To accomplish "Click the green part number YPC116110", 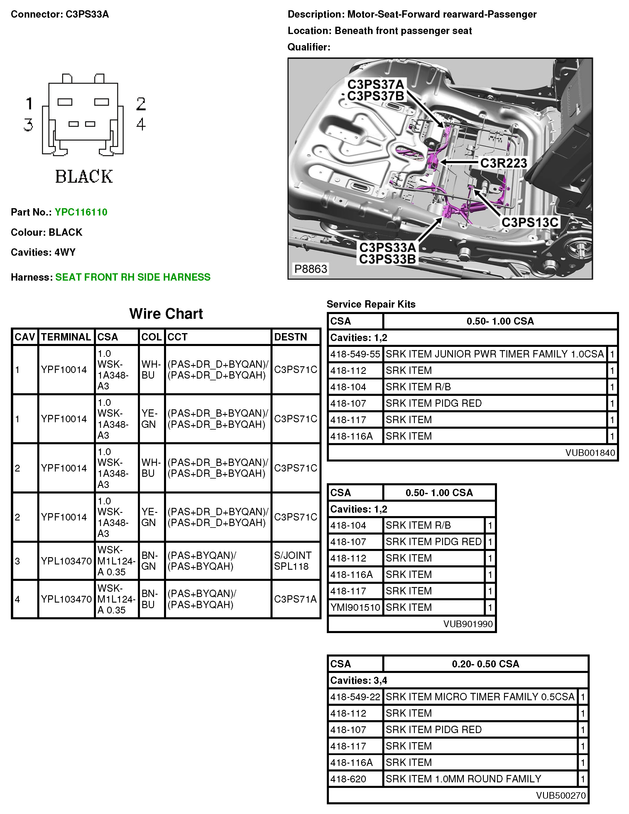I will click(x=81, y=212).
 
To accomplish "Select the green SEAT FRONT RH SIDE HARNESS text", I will click(x=133, y=277).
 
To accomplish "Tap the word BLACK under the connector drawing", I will click(x=84, y=177).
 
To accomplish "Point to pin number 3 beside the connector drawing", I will click(x=29, y=125).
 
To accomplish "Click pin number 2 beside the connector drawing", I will click(x=141, y=104).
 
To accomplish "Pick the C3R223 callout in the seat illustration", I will click(x=503, y=163).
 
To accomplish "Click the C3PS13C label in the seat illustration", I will click(x=530, y=222).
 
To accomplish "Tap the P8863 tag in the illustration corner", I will click(x=311, y=269).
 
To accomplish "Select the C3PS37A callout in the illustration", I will click(x=376, y=84).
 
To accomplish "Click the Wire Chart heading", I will click(x=166, y=314).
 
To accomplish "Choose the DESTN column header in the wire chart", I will click(x=290, y=337).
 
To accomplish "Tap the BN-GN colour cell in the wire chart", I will click(x=149, y=561).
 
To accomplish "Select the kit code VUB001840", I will click(x=590, y=452).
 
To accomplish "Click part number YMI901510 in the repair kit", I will click(x=355, y=607).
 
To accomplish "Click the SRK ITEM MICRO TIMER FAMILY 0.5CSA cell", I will click(x=480, y=697).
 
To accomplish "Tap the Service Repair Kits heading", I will click(x=371, y=304).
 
